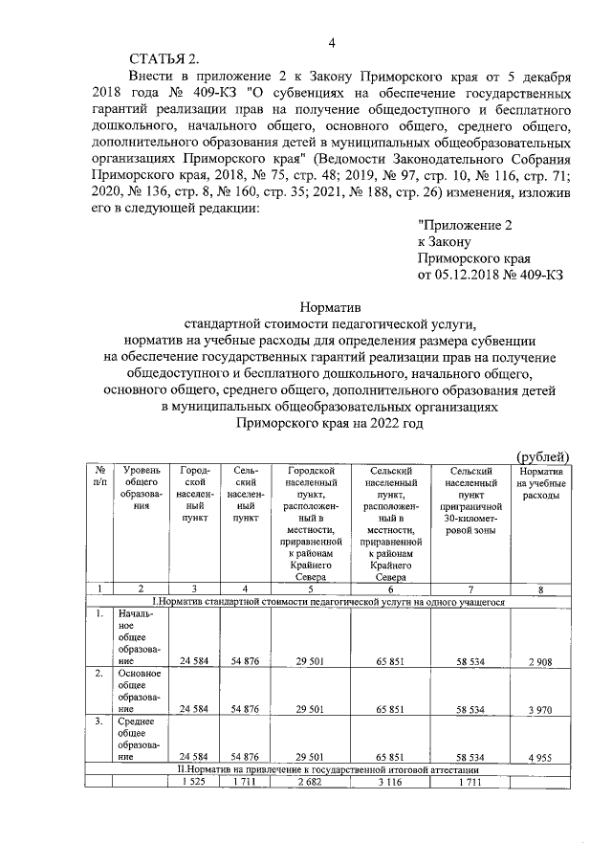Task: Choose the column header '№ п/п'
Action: point(99,477)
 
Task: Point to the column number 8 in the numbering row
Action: point(540,589)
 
